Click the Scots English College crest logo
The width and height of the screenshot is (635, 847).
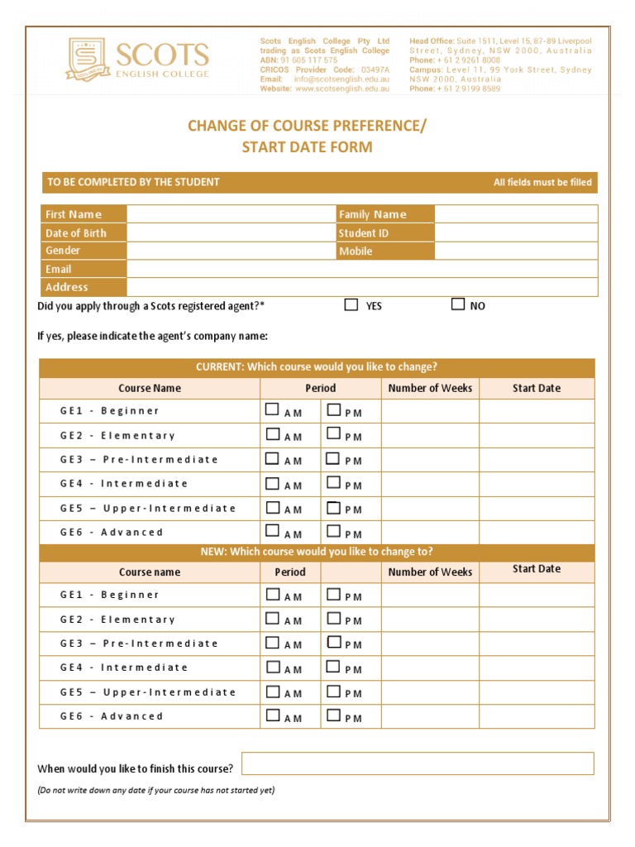click(88, 59)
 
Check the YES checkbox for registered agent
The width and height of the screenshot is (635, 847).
click(351, 304)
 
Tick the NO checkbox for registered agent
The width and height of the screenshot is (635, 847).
click(458, 304)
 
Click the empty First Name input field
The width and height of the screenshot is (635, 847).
click(231, 214)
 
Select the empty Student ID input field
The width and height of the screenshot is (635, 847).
click(515, 233)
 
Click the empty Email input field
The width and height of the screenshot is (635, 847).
click(361, 269)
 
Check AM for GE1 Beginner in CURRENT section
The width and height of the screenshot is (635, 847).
click(272, 409)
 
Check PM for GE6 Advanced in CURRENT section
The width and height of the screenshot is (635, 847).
click(333, 531)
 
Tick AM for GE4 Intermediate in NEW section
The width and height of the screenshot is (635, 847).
click(272, 666)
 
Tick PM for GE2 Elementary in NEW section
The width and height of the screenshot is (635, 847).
click(333, 618)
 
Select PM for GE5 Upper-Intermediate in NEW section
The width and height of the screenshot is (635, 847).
click(333, 691)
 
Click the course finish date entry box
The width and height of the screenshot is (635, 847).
click(418, 763)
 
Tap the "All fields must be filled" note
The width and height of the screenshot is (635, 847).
click(542, 183)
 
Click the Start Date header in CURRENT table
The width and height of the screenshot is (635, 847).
click(536, 388)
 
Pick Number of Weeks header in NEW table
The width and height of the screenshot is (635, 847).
click(430, 572)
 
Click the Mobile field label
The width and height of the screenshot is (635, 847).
click(356, 251)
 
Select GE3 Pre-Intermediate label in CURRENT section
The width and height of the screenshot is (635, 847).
click(139, 459)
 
